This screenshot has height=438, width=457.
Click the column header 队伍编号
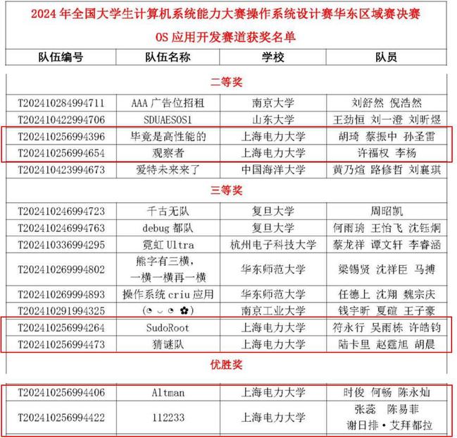(60, 58)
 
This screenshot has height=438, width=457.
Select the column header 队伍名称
(168, 58)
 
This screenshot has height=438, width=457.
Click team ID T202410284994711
(62, 103)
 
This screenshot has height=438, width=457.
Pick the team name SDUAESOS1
(168, 119)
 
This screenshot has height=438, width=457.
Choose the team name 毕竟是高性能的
(168, 136)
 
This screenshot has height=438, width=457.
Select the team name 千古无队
(168, 211)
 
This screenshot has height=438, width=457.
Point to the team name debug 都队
(168, 228)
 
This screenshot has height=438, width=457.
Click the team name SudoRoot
(168, 328)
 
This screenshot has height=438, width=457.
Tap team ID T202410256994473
(62, 345)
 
